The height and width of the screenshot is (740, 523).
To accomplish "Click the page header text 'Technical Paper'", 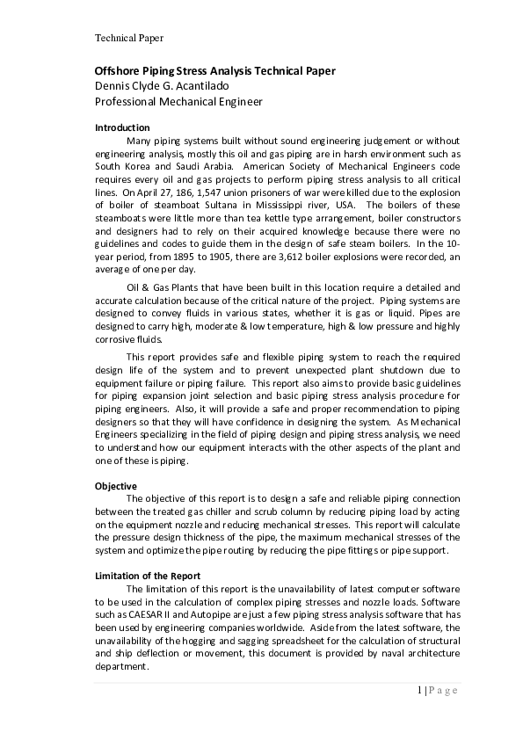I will pyautogui.click(x=128, y=38).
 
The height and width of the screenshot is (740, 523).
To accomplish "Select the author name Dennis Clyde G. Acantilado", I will pyautogui.click(x=173, y=86).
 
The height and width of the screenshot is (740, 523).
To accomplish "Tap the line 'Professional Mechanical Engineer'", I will pyautogui.click(x=178, y=102).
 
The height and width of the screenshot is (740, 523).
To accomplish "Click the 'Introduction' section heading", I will pyautogui.click(x=122, y=127).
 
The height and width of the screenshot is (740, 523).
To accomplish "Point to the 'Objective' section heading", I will pyautogui.click(x=116, y=485).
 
